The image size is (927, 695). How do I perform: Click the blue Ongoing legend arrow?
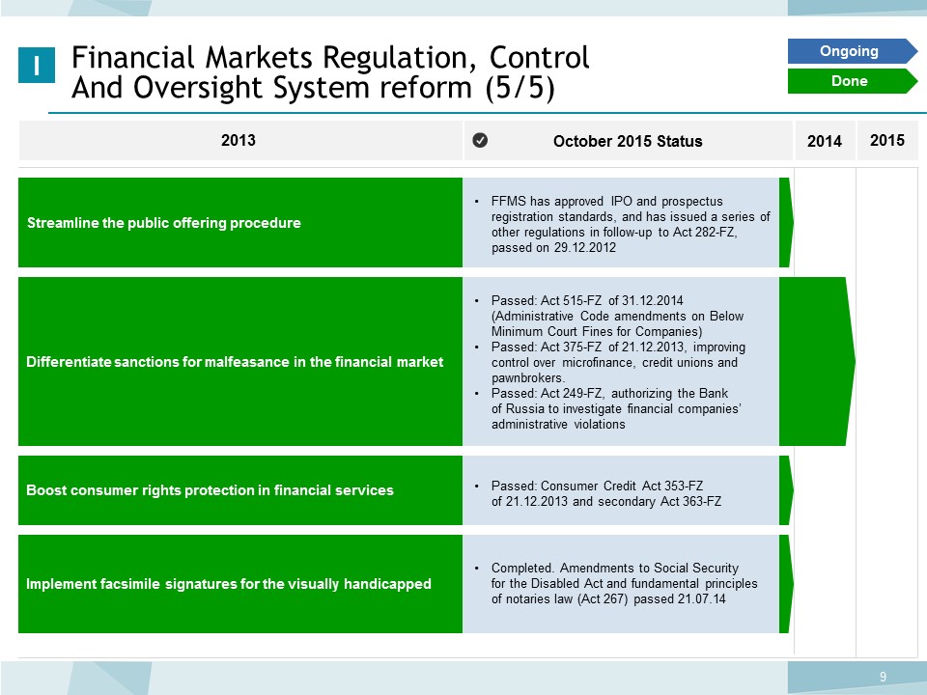tap(852, 51)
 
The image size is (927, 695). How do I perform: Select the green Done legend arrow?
tap(852, 81)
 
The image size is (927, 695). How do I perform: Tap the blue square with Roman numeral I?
tap(37, 65)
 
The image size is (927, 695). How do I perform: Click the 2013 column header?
tap(239, 140)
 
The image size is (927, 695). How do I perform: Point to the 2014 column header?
tap(824, 141)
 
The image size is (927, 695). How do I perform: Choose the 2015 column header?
tap(886, 140)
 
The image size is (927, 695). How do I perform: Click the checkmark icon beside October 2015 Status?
tap(480, 140)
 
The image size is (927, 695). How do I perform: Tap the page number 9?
tap(883, 677)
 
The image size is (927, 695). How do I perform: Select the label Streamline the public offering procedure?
tap(164, 223)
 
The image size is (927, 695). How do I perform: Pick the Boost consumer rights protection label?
tap(210, 490)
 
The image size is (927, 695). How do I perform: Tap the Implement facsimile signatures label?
tap(228, 584)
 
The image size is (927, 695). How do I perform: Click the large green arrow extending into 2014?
tap(817, 361)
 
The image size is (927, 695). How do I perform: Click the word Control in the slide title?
tap(539, 57)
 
